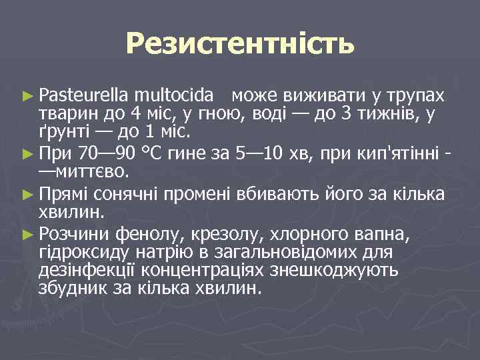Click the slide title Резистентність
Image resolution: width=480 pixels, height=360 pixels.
pyautogui.click(x=239, y=45)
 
